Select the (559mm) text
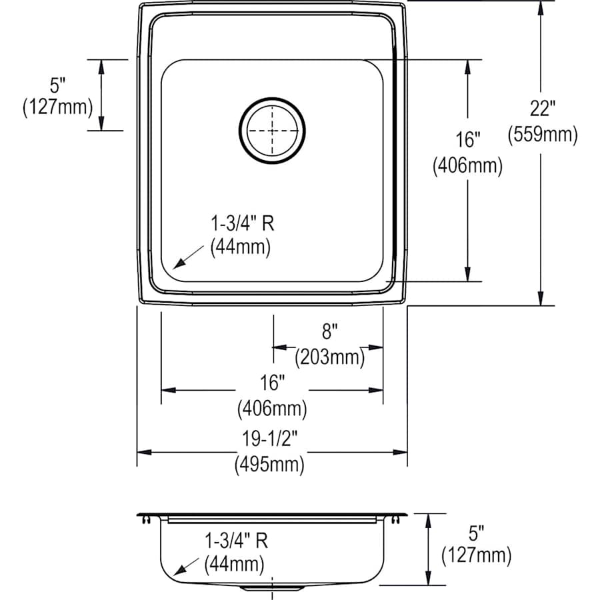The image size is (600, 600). click(543, 135)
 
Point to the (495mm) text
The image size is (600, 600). click(269, 464)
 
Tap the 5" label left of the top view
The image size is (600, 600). click(58, 85)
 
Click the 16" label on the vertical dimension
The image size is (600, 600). click(467, 140)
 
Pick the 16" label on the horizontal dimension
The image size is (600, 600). click(272, 382)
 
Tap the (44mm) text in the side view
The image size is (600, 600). click(234, 564)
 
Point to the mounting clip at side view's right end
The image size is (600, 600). click(399, 517)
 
